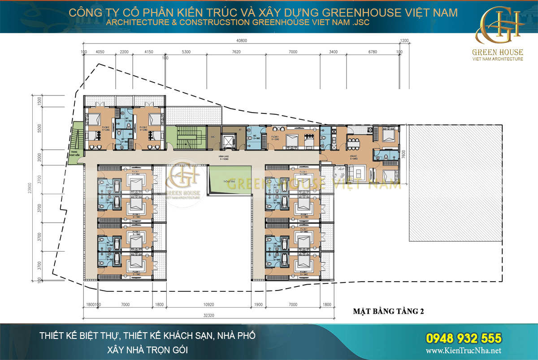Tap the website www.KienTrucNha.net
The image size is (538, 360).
[463, 351]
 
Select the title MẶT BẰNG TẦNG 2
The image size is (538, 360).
[388, 312]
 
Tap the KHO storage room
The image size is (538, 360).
[213, 136]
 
